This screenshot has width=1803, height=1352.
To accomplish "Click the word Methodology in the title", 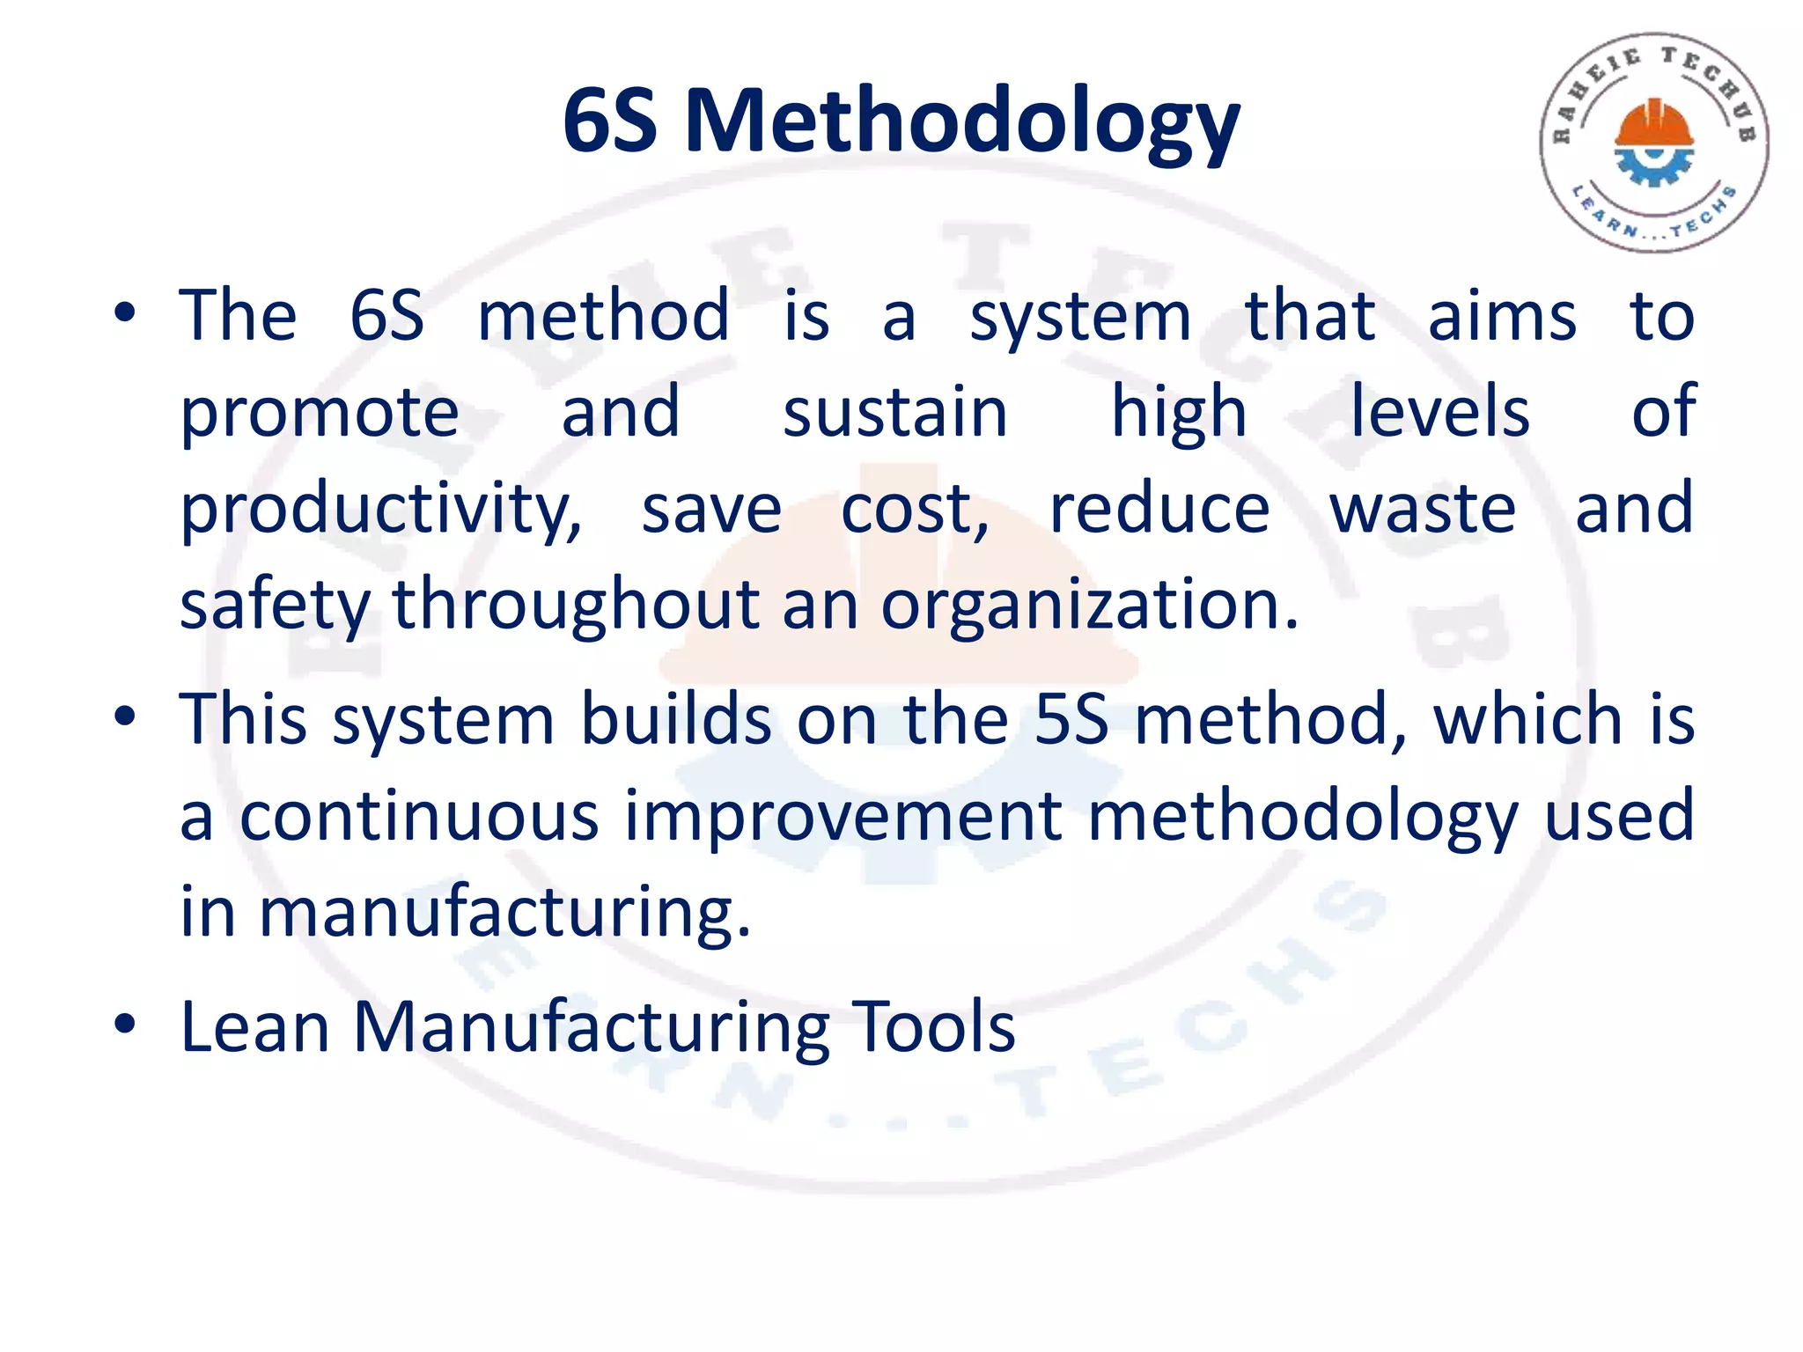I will click(x=962, y=123).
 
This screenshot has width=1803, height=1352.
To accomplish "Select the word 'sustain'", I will click(x=894, y=412).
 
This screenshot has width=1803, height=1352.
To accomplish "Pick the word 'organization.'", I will click(x=1090, y=606).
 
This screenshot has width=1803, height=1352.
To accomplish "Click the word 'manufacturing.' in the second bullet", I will click(x=504, y=912).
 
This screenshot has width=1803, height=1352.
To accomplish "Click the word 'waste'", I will click(x=1422, y=509).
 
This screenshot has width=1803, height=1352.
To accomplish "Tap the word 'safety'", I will click(x=275, y=606).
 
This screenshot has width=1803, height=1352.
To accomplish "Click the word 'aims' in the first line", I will click(x=1502, y=315).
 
